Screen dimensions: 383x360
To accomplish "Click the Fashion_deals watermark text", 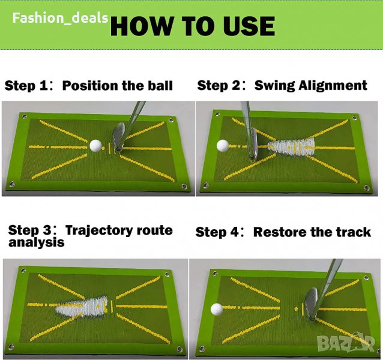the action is [60, 18].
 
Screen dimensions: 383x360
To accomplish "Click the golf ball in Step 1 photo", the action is [95, 145].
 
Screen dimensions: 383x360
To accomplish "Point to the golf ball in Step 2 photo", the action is [223, 146].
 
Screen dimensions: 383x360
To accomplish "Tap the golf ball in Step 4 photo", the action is [217, 309].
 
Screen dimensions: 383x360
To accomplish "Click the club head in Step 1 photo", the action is [118, 137].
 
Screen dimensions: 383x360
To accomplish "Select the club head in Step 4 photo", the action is [311, 304].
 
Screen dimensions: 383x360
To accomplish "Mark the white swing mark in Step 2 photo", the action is [291, 147].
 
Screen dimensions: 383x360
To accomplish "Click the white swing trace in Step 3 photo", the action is [82, 307].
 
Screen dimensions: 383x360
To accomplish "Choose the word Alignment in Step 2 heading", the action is [333, 86].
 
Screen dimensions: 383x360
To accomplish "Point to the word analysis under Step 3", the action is [37, 242].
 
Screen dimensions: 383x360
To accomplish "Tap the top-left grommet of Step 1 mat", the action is [24, 116].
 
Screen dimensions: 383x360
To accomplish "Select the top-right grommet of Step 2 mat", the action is [355, 118].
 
